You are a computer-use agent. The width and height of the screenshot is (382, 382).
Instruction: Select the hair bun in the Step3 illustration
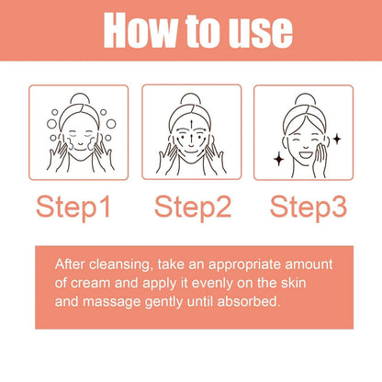(304, 98)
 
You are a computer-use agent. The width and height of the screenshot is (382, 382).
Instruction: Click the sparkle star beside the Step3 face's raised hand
(336, 138)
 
